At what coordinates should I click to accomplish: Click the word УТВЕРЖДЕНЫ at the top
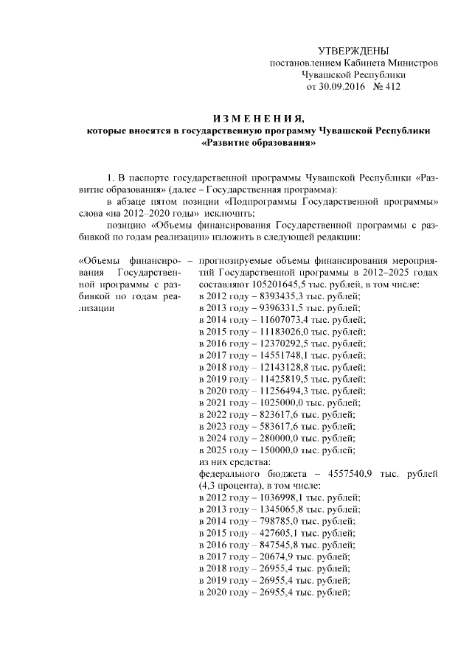click(353, 51)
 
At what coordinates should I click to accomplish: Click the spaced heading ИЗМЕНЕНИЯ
click(258, 119)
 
